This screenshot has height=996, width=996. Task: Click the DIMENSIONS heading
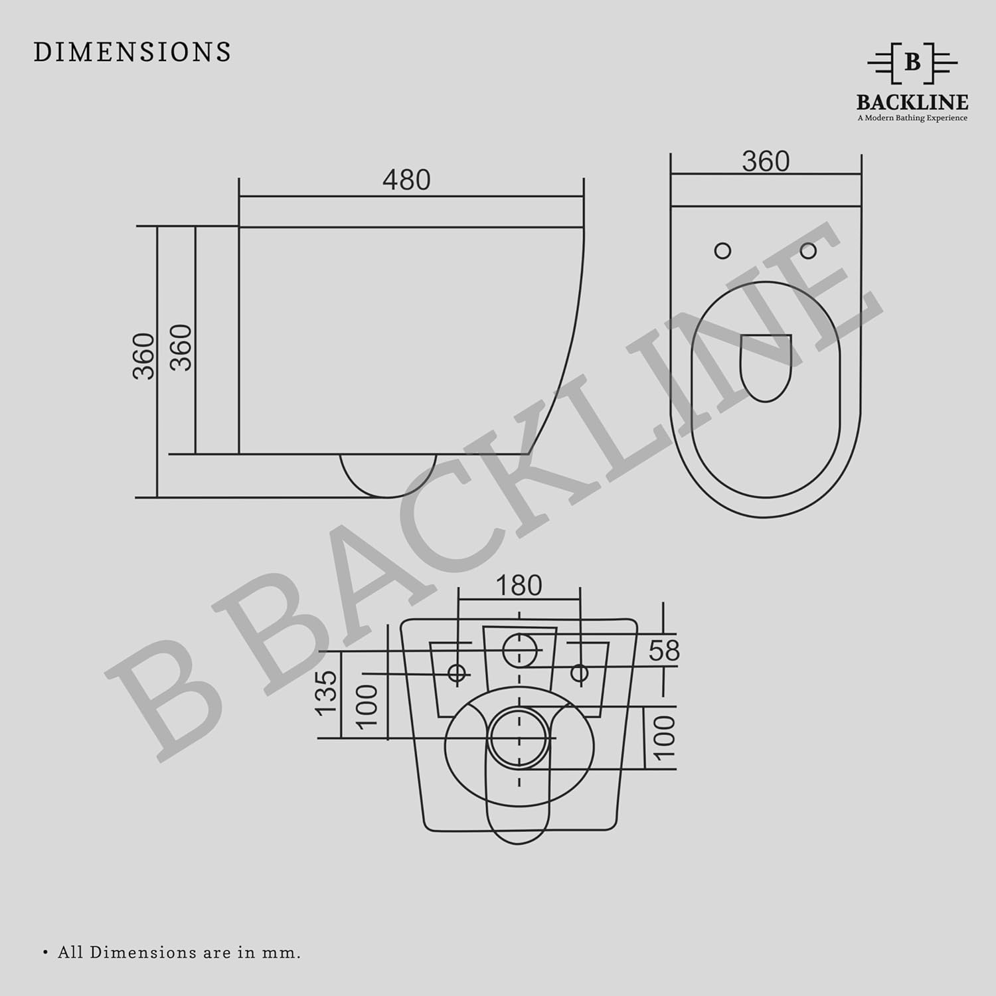[132, 52]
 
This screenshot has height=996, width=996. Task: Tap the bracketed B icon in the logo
[912, 62]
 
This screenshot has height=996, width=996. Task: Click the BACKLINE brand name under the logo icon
[912, 102]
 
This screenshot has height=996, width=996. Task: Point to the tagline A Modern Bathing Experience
[912, 118]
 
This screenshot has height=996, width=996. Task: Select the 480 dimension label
[406, 180]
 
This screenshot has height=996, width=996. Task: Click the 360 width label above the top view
[766, 161]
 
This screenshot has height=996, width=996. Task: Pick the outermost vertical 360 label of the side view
[144, 356]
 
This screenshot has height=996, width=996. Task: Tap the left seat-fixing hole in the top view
[722, 250]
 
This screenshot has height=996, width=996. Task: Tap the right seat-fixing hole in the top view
[808, 250]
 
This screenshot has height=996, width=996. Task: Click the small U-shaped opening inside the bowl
[765, 365]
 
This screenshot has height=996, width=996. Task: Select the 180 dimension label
[519, 586]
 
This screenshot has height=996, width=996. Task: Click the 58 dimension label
[664, 651]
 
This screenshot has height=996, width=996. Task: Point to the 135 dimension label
[327, 693]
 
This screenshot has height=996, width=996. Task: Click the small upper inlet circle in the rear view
[519, 649]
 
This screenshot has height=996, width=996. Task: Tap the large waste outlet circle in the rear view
[519, 738]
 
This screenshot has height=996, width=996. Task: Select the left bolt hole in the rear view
[457, 673]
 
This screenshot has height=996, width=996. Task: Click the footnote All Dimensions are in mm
[179, 952]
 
